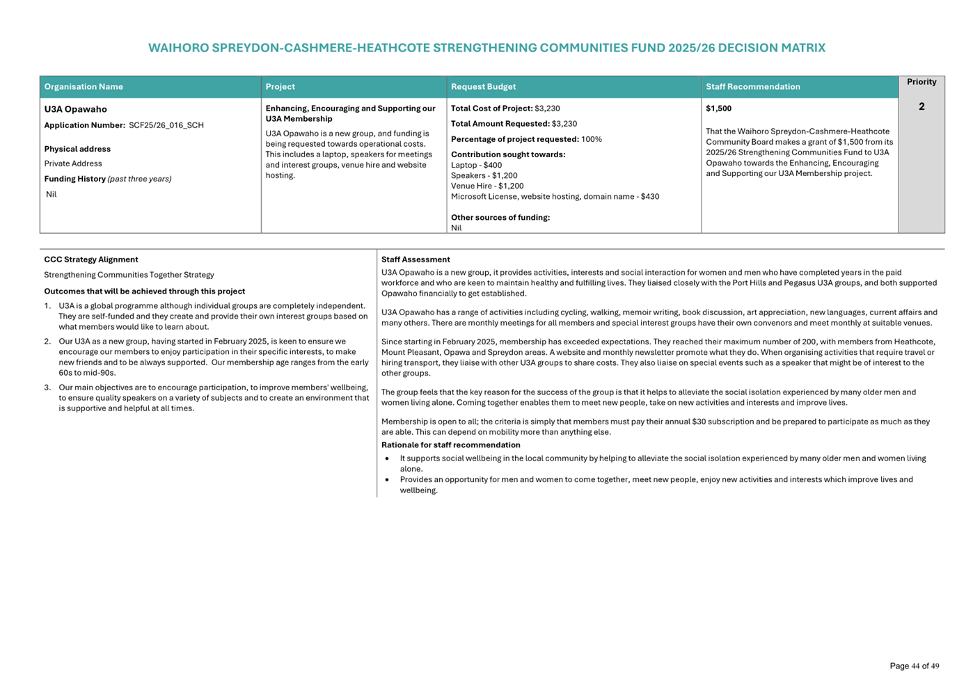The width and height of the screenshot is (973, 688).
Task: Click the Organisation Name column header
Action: click(84, 87)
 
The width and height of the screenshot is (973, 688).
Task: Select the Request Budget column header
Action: click(483, 87)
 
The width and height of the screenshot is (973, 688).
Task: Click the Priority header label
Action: click(921, 82)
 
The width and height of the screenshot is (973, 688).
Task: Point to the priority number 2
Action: click(921, 106)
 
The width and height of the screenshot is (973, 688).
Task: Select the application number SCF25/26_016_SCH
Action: click(166, 125)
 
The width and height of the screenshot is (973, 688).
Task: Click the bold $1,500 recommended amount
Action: click(718, 109)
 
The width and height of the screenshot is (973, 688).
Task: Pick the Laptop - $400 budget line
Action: click(476, 165)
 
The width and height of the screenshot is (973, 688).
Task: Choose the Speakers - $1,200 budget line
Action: click(484, 175)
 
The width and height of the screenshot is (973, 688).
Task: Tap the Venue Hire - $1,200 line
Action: click(487, 186)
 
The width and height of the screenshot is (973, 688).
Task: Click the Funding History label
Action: click(75, 179)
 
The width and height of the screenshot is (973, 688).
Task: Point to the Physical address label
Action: click(77, 149)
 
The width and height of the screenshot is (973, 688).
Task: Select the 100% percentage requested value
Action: click(592, 139)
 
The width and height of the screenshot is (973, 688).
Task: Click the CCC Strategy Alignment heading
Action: click(91, 259)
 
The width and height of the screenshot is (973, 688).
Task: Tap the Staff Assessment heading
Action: click(416, 259)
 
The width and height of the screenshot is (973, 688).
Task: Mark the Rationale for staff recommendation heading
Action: click(450, 445)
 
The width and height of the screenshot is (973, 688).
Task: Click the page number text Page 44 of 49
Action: click(914, 666)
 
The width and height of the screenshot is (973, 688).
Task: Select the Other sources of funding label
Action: click(500, 218)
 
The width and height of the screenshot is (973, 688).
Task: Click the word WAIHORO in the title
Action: click(177, 48)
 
